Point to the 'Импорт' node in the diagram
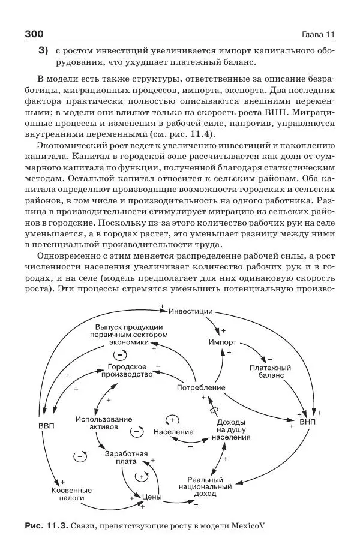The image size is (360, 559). click(x=223, y=342)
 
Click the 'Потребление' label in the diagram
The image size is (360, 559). click(x=200, y=388)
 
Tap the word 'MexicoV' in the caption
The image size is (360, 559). click(x=247, y=527)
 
